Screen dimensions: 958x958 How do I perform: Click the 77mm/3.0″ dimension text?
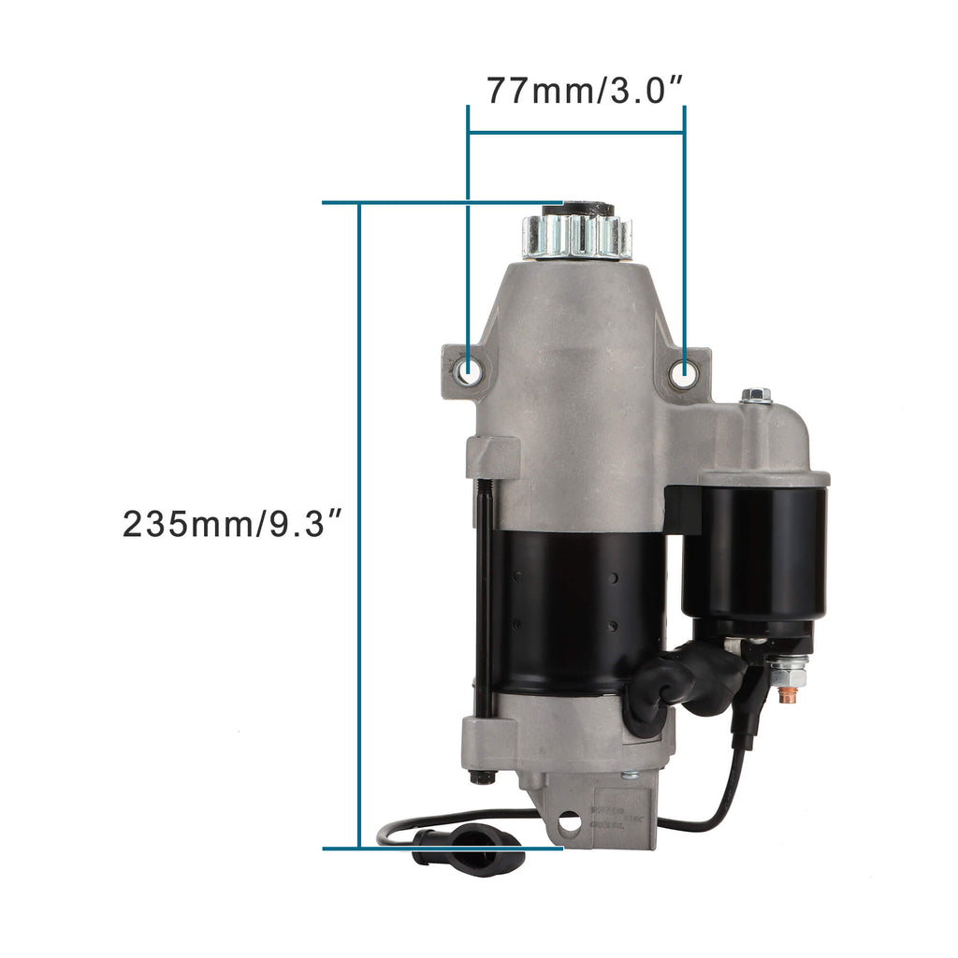click(x=586, y=91)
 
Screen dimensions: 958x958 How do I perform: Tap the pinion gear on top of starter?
click(x=577, y=236)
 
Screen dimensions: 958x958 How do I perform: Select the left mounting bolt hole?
click(x=467, y=372)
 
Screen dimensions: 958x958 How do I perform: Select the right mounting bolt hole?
click(x=684, y=374)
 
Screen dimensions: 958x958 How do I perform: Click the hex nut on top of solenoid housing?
click(x=756, y=396)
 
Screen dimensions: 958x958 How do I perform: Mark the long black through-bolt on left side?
click(x=484, y=599)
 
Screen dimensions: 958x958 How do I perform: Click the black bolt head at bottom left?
click(x=483, y=776)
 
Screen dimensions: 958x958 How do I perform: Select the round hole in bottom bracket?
click(x=569, y=824)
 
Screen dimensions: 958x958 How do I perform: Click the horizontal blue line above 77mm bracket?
click(x=575, y=132)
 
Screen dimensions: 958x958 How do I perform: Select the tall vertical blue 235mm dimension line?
click(x=359, y=524)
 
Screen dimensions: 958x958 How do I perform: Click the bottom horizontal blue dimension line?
click(x=440, y=849)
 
